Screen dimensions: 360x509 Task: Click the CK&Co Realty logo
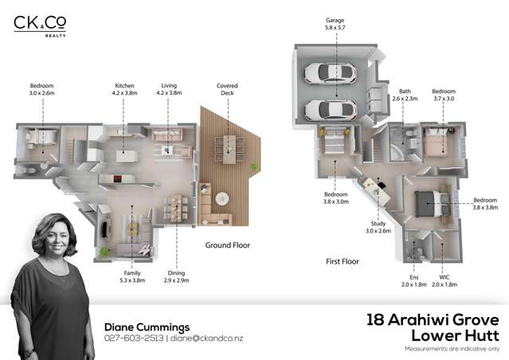tap(40, 25)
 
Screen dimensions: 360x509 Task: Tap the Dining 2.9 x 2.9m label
tap(176, 276)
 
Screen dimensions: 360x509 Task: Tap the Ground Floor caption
tap(228, 245)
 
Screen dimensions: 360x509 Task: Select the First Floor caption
tap(343, 260)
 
